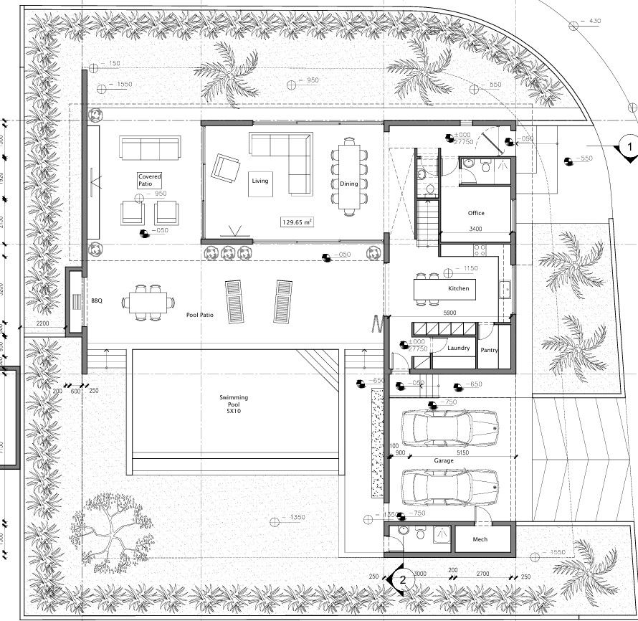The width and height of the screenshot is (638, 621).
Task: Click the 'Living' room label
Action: click(260, 181)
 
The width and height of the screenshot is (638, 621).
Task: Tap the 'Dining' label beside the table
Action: click(349, 184)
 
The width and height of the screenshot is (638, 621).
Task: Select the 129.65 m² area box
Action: click(297, 222)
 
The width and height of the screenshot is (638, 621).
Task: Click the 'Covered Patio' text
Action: click(150, 180)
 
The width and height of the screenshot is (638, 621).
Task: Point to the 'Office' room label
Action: click(476, 213)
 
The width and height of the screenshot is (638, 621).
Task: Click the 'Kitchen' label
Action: click(459, 288)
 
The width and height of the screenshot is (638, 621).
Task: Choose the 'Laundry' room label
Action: click(459, 349)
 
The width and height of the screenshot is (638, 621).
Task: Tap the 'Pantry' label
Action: click(490, 351)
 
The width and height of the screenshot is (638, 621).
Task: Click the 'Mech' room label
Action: click(480, 540)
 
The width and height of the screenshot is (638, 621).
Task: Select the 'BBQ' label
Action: click(97, 301)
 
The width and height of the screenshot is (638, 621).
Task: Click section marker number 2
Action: click(404, 578)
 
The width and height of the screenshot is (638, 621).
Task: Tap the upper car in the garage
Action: click(449, 428)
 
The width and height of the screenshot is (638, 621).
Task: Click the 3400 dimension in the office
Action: click(475, 229)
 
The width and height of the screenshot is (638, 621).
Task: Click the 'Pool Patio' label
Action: click(201, 315)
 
